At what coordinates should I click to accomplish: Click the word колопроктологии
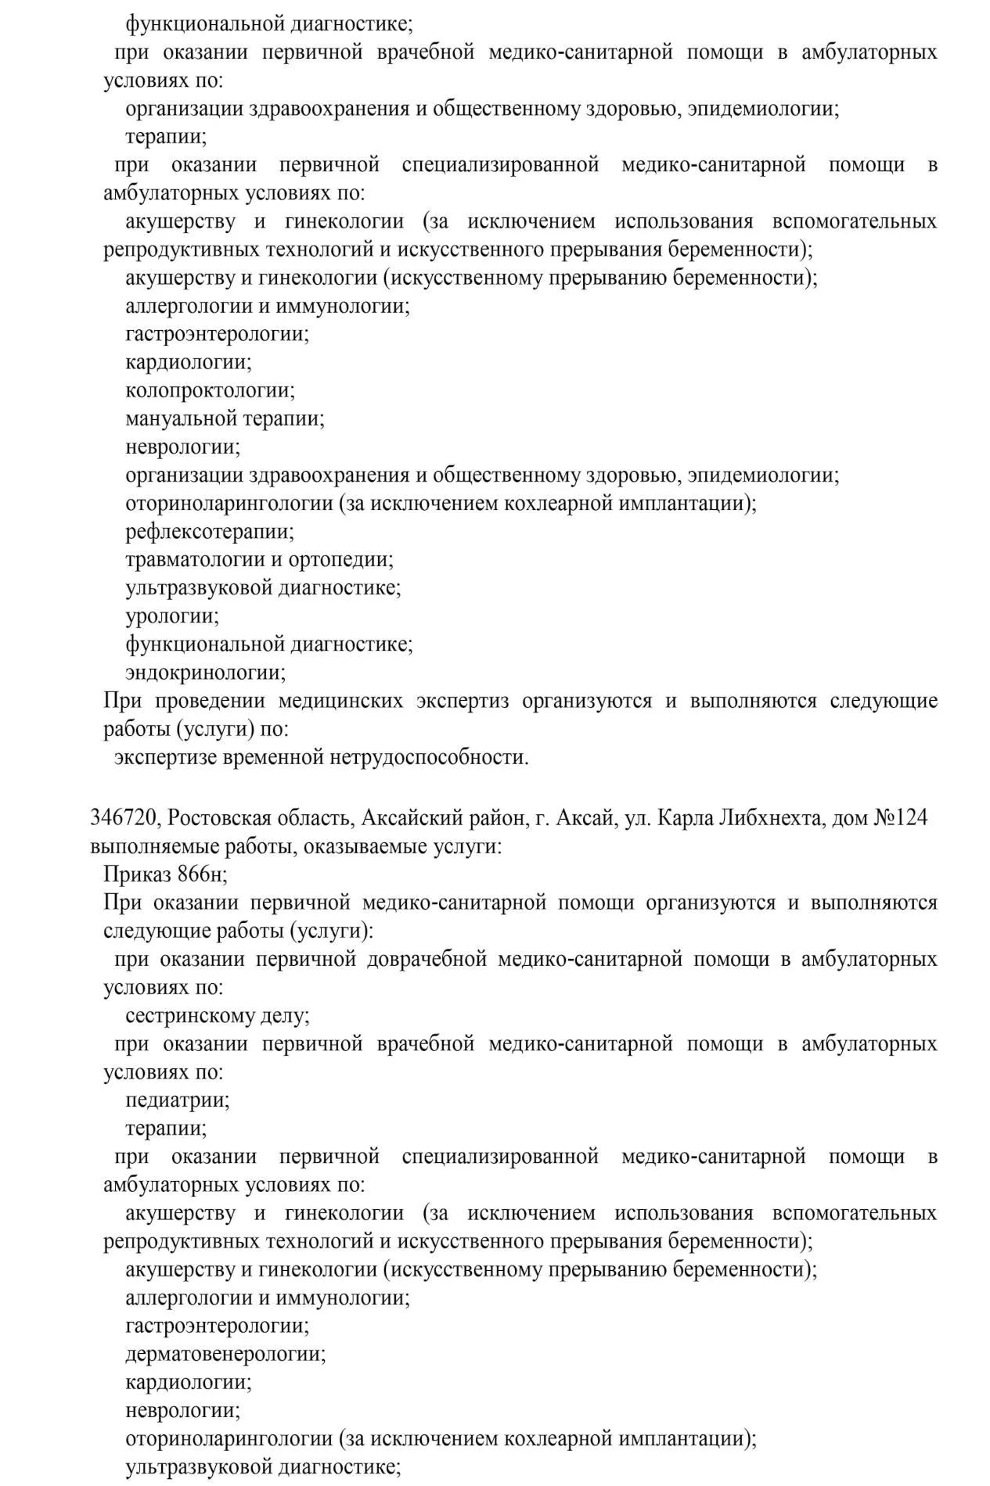tap(210, 390)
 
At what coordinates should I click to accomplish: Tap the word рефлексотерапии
tap(210, 532)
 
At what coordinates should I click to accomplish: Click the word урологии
tap(172, 616)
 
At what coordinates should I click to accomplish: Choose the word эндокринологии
tap(206, 673)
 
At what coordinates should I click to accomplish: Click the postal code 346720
tap(124, 818)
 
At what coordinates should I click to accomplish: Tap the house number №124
tap(900, 818)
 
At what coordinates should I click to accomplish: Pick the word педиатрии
tap(178, 1100)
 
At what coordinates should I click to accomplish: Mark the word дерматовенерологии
tap(225, 1354)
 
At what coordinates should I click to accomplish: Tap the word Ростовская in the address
tap(221, 818)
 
